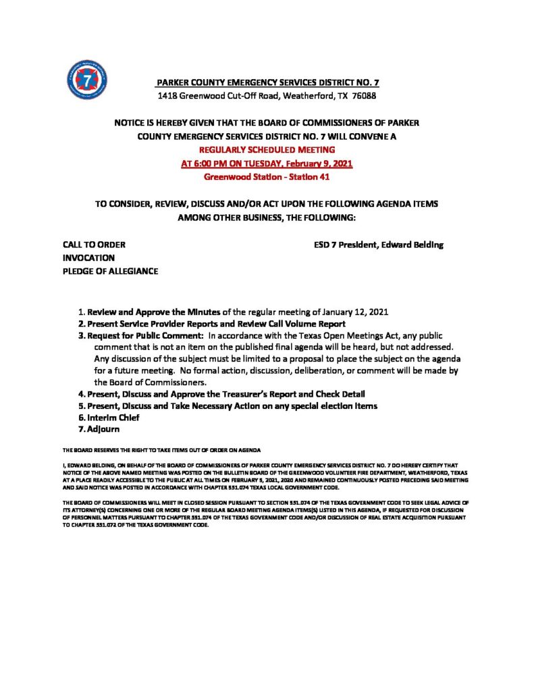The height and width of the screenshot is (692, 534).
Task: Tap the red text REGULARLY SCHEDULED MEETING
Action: (267, 149)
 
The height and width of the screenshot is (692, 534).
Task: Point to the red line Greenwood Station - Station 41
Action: (267, 178)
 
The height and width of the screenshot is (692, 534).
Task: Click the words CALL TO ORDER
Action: (94, 245)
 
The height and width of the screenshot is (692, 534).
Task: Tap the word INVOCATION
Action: (88, 257)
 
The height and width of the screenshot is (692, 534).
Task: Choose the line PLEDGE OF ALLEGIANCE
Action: (110, 271)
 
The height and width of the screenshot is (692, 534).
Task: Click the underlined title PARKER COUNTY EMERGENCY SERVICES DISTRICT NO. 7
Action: (267, 82)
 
